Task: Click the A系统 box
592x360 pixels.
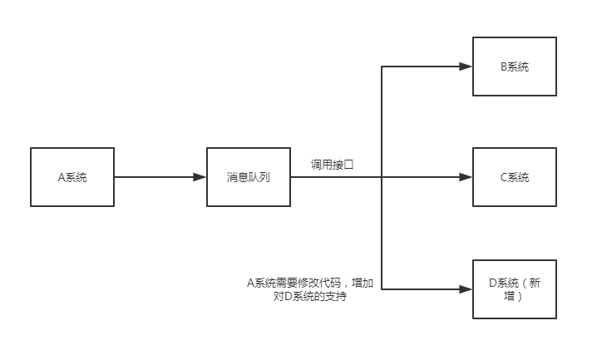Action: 72,177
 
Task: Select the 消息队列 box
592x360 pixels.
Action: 248,177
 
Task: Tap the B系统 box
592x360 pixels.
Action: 515,67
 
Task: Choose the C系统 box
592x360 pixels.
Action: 515,177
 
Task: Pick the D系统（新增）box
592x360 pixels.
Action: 515,288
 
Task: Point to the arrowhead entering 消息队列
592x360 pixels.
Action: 200,177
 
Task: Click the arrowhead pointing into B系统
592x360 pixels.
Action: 466,67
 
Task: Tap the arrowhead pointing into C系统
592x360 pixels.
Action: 466,177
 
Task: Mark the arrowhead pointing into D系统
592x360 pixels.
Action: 466,289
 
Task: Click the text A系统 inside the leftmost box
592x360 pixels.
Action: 72,177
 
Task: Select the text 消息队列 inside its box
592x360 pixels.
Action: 248,177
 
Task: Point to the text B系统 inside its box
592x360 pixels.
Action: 515,67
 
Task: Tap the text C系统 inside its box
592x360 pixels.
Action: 515,177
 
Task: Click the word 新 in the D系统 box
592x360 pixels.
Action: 542,282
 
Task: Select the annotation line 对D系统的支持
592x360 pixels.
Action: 309,297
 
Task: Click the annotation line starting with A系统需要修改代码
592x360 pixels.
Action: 309,284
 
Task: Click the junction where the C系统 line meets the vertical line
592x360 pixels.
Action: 382,177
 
